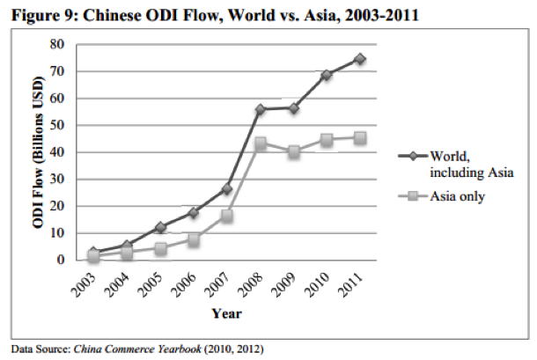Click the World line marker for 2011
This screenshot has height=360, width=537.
tap(361, 59)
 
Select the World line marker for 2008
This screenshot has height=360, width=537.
tap(261, 109)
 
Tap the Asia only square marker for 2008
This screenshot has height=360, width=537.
tap(261, 143)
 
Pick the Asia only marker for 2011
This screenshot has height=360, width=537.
tap(361, 137)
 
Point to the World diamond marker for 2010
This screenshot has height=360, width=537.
tap(327, 75)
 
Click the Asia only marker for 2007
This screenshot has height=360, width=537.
tap(227, 216)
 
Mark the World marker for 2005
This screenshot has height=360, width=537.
tap(160, 227)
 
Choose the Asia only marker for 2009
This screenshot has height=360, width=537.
tap(294, 151)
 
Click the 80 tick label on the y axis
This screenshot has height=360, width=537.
tap(57, 44)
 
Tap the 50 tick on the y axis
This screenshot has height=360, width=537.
tap(57, 125)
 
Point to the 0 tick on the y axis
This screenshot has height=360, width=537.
tap(61, 261)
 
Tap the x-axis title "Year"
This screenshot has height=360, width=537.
tap(226, 312)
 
